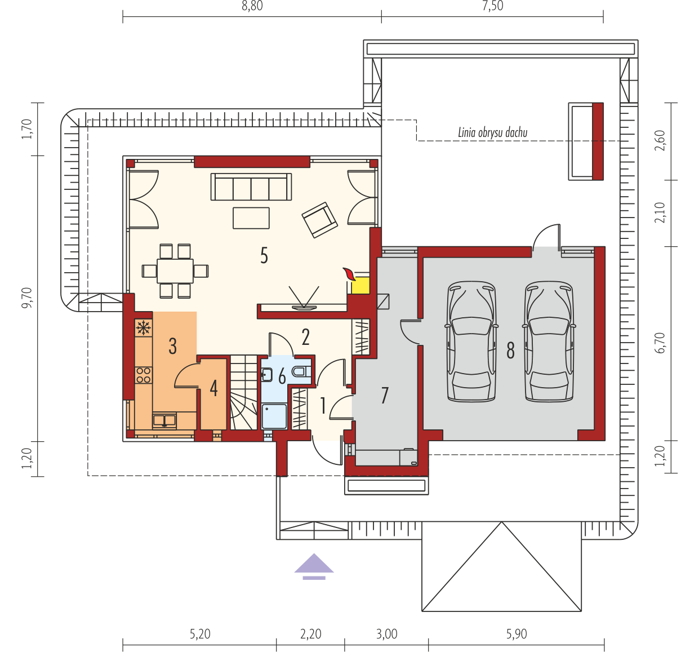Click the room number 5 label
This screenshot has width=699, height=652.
(x=264, y=255)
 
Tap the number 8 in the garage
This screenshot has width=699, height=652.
(x=510, y=350)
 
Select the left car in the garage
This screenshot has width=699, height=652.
(x=471, y=341)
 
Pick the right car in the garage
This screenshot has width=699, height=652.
(x=549, y=341)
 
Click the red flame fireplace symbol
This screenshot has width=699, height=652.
(x=349, y=274)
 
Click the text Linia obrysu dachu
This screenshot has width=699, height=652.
(x=492, y=133)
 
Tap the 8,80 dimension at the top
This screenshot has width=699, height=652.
(x=252, y=6)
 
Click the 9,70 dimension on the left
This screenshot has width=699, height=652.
(x=26, y=298)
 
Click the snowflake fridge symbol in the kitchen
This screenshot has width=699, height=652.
(x=143, y=328)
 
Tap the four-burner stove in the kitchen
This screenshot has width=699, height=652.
(x=143, y=375)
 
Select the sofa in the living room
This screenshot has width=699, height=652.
(x=251, y=187)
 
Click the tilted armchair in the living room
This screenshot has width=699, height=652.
(x=319, y=220)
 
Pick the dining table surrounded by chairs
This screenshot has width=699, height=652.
(x=175, y=271)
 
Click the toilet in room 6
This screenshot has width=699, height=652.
(x=301, y=371)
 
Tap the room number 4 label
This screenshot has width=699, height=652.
(x=213, y=389)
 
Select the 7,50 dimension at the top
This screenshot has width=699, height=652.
(x=492, y=6)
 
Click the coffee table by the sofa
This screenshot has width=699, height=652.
(x=251, y=218)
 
